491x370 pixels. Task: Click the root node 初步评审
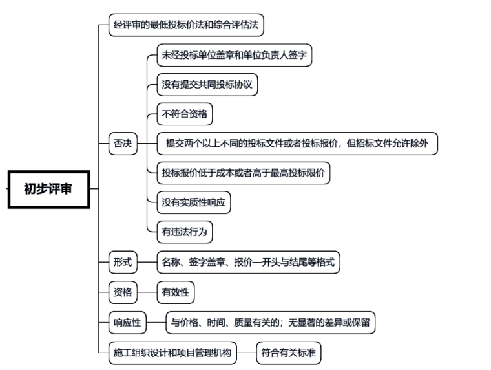49,189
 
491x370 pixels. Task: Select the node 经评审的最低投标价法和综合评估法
186,26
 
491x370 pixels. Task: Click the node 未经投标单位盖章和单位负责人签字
235,56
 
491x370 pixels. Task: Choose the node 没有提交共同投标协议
207,85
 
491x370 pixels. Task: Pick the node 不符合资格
185,114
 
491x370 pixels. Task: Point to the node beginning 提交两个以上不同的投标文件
297,143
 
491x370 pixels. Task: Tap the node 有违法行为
185,231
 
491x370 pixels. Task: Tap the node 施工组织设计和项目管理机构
172,353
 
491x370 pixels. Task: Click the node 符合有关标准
289,353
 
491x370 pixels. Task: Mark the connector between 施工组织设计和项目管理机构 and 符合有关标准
247,353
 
